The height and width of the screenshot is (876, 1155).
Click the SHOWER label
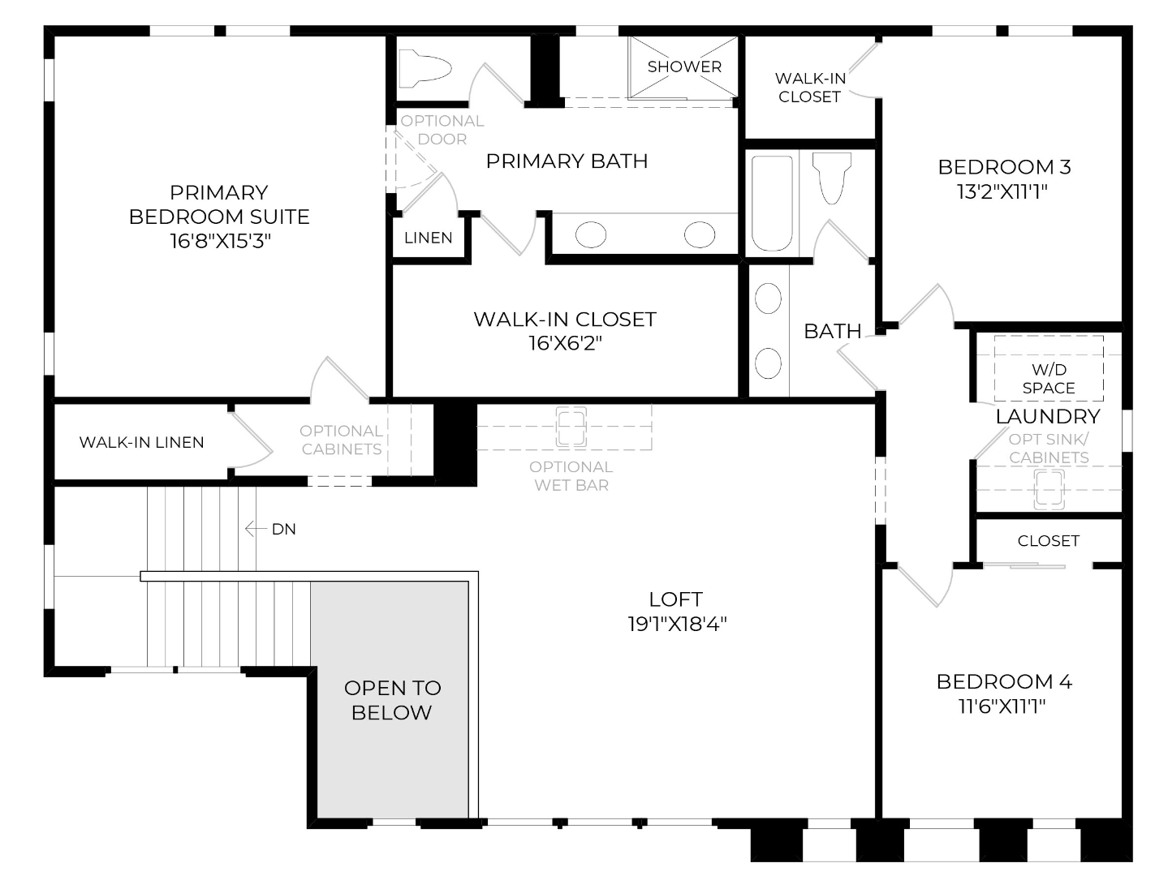pos(684,67)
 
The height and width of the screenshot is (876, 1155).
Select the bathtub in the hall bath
pos(772,203)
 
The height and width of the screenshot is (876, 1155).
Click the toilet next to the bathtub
pos(832,178)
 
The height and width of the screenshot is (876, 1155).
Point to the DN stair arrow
pos(256,529)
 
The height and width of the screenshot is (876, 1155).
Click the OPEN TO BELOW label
pos(393,700)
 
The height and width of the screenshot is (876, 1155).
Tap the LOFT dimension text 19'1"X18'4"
pos(677,624)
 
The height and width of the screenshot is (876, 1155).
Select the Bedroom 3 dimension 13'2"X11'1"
pos(1002,192)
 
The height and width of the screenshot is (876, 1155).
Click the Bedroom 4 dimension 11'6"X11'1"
pos(1002,706)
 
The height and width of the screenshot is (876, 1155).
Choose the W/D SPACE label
pos(1048,379)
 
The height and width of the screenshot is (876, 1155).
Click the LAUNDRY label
pos(1048,416)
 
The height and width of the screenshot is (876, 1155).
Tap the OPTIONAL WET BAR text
pos(571,476)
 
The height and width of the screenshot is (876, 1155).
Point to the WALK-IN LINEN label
pos(141,442)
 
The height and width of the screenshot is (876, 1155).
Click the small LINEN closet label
pos(429,238)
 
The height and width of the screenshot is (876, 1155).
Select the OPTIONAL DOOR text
pos(442,130)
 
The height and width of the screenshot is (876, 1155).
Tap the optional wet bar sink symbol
pos(571,427)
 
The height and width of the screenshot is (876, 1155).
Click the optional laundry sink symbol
pos(1049,490)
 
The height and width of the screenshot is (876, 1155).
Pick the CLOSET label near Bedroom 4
pos(1048,540)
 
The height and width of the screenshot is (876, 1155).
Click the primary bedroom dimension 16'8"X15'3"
pos(220,242)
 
